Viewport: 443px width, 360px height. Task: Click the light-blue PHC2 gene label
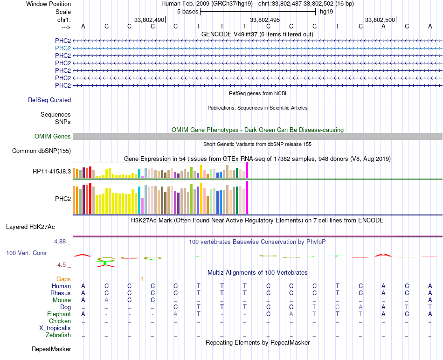63,48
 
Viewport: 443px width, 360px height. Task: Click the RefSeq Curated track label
49,100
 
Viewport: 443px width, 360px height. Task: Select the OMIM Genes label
53,137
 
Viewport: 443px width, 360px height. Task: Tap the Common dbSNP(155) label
42,151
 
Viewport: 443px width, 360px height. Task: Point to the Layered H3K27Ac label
30,227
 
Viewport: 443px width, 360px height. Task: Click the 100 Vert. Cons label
26,253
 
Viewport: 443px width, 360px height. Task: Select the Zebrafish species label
58,335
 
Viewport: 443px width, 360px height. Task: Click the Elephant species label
59,314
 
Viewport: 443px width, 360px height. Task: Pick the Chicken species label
60,321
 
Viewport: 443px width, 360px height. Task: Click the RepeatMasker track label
51,349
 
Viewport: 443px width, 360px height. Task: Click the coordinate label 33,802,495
265,20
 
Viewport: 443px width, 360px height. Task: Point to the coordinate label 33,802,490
149,20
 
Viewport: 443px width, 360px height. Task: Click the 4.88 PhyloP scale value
61,242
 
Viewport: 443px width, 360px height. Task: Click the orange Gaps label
63,279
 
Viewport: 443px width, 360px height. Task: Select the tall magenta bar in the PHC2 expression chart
247,197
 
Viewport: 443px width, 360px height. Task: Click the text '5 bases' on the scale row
187,11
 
